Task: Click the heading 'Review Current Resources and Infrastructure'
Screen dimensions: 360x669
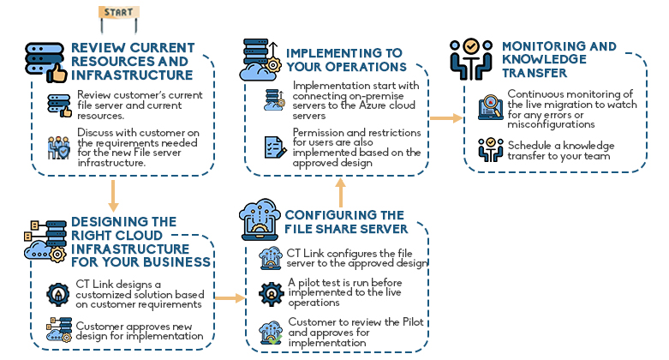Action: click(132, 62)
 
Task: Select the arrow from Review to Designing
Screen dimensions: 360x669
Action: click(112, 195)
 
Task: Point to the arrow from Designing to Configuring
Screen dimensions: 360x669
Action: click(227, 298)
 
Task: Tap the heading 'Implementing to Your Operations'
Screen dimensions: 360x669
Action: click(346, 59)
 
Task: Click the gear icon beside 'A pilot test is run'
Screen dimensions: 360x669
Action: click(272, 291)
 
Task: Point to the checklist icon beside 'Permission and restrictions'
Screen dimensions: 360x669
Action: click(274, 146)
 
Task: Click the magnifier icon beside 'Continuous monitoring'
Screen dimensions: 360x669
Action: click(490, 106)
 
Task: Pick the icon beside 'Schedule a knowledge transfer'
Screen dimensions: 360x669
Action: click(490, 149)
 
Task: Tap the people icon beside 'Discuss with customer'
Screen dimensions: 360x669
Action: click(59, 145)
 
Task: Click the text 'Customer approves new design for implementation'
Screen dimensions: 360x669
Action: click(140, 331)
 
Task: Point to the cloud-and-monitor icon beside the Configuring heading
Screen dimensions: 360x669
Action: click(258, 221)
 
